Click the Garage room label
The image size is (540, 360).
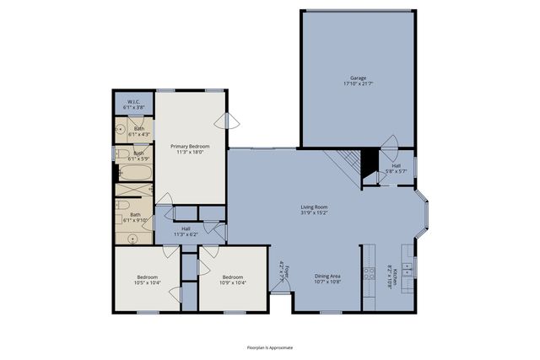tap(359, 81)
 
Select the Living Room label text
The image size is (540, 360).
tap(315, 209)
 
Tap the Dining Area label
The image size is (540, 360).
tap(327, 278)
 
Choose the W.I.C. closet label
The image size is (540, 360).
tap(134, 105)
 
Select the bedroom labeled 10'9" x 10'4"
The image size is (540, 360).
tap(233, 280)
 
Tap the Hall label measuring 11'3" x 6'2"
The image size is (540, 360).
tap(186, 230)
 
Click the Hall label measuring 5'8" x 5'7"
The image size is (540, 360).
tap(396, 168)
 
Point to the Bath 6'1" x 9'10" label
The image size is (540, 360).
tap(135, 218)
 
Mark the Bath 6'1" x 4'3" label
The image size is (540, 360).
tap(138, 131)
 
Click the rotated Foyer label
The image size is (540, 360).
tap(284, 271)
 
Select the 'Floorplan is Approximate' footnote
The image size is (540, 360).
tap(270, 346)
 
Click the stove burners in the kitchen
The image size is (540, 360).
tap(368, 271)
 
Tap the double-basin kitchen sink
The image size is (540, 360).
tap(407, 270)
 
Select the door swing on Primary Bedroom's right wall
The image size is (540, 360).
tap(230, 121)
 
